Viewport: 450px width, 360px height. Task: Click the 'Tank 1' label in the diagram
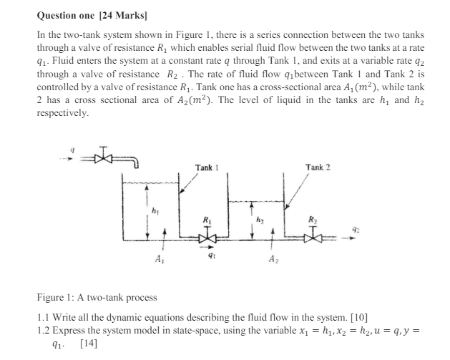pos(206,167)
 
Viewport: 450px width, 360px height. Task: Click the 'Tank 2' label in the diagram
pos(317,167)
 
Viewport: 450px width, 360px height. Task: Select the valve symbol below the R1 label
pos(207,236)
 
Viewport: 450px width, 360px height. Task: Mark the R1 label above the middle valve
pos(207,220)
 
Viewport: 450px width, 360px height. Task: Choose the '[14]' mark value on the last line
pos(89,343)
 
